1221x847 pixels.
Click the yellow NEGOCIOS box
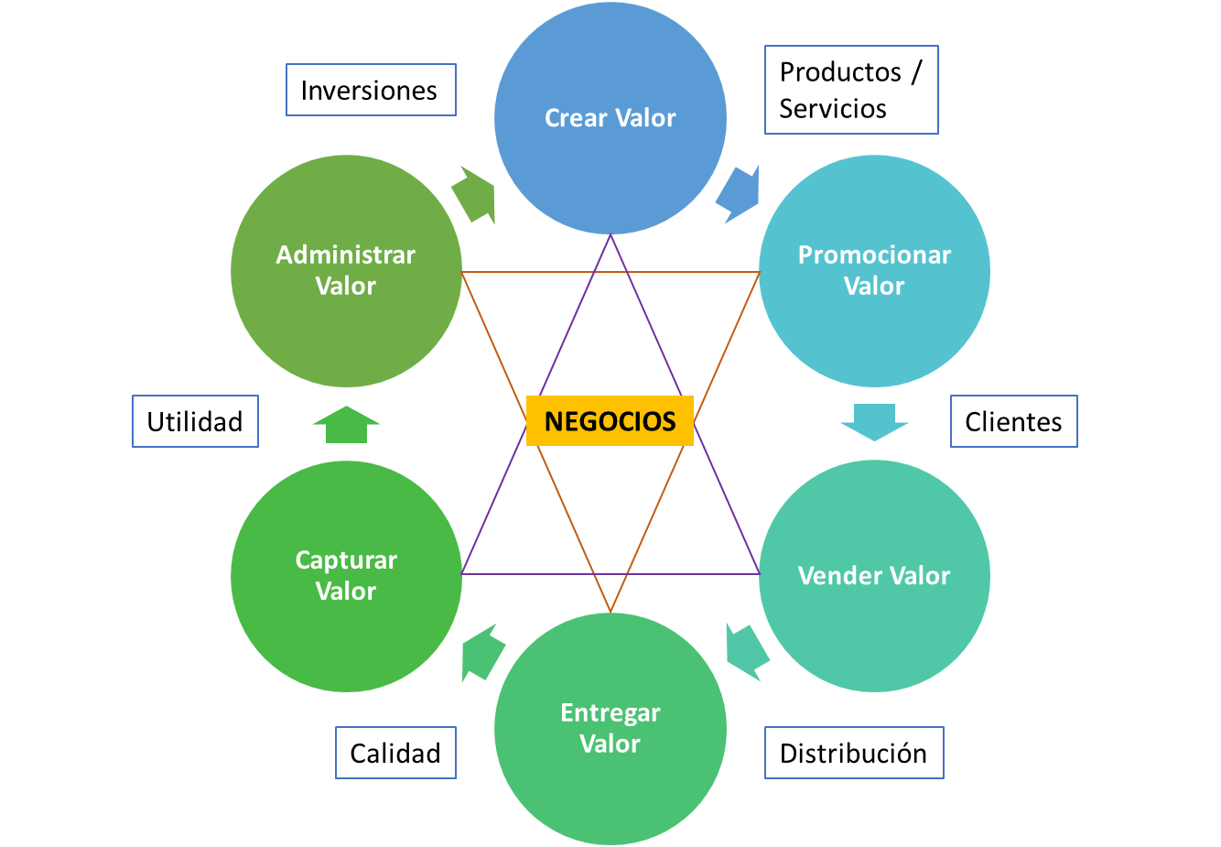[610, 420]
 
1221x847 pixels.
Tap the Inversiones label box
[371, 90]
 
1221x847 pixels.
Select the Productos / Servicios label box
[851, 90]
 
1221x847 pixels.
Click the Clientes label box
[1013, 421]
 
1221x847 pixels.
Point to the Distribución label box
[854, 753]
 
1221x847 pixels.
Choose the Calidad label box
[395, 753]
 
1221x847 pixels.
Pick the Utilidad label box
[195, 421]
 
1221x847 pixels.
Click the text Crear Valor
[610, 118]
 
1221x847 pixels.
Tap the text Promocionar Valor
[874, 270]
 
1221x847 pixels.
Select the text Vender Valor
[874, 575]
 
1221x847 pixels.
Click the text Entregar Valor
[610, 728]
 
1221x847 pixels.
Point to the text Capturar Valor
[346, 575]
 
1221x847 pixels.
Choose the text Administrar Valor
[346, 270]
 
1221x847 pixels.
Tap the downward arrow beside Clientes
[874, 421]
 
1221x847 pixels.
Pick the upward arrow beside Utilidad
[346, 424]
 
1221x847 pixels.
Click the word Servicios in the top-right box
[832, 109]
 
